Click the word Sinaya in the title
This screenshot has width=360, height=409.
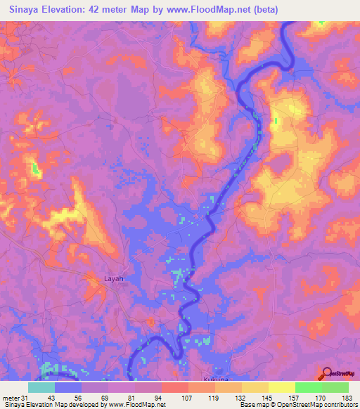coord(25,10)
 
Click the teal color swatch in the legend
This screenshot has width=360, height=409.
coord(41,387)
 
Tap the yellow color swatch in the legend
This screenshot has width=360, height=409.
coord(281,387)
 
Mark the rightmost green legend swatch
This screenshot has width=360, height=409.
coord(335,387)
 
